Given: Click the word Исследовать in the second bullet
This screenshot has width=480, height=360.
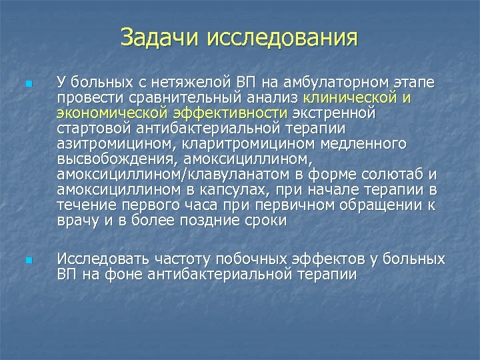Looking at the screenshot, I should coord(103,258).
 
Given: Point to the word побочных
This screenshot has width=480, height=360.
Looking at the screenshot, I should coord(259,258).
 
